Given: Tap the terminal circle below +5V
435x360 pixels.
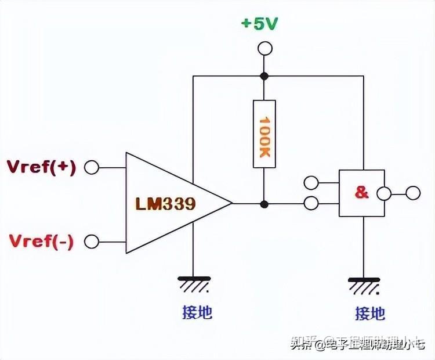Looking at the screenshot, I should coord(264,48).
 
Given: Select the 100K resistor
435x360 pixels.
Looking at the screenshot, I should coord(264,134).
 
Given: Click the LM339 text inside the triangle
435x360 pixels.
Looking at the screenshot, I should coord(165,204).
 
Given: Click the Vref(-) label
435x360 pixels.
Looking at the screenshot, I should coord(42,240).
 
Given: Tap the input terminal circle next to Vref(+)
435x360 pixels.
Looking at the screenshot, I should coord(92,168).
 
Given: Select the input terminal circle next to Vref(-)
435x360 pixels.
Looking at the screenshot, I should coord(92,241).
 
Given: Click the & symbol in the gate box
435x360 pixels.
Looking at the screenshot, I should coord(361,193).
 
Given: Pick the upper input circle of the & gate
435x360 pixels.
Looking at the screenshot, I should coord(311,183).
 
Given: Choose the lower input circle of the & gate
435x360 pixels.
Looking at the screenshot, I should coord(311,203).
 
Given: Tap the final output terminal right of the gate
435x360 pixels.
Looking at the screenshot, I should coord(413,193).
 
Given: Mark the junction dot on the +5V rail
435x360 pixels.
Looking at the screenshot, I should coord(264,76).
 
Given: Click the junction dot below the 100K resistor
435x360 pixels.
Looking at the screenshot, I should coord(264,204).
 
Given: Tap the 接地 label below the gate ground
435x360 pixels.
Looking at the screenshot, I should coord(370,314).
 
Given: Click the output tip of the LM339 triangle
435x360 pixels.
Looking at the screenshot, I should coord(231,204).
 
